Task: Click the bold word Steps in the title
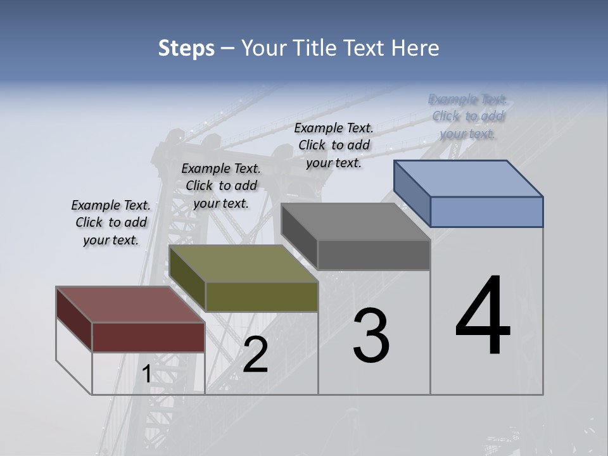click(x=186, y=48)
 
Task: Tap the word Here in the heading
click(x=415, y=48)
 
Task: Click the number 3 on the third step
click(x=371, y=336)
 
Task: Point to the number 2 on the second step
click(x=255, y=355)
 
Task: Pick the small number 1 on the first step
click(x=147, y=374)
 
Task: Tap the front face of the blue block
click(x=486, y=212)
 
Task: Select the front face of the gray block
click(x=374, y=255)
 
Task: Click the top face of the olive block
click(x=243, y=263)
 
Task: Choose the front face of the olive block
click(x=262, y=296)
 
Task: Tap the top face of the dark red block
click(x=130, y=305)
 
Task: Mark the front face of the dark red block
click(x=148, y=337)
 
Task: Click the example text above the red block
click(x=111, y=222)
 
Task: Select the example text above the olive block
click(x=221, y=186)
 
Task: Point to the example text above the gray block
click(x=334, y=145)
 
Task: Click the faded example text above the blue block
click(x=467, y=116)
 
